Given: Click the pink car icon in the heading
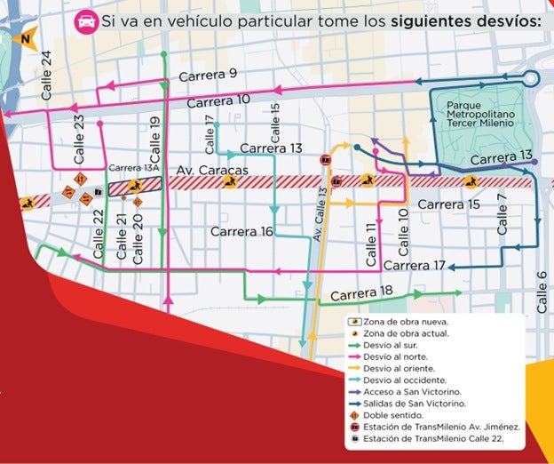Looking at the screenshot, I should (x=86, y=19).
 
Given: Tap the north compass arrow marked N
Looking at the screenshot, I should (x=24, y=38).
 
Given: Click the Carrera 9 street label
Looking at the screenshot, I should (x=208, y=76).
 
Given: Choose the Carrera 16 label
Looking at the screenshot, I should (x=242, y=232).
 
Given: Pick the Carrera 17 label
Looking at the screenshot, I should (x=415, y=265).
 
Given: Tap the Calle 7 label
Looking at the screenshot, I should (x=503, y=214).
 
